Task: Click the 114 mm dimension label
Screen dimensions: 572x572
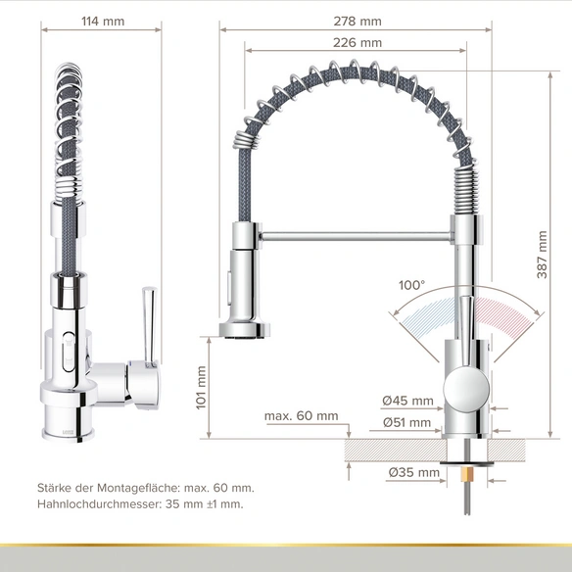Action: coord(103,22)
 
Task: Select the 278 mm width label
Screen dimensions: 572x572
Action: coord(357,22)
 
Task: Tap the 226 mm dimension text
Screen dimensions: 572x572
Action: coord(357,43)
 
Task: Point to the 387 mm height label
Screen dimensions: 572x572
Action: coord(542,255)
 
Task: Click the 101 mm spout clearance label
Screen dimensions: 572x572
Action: coord(201,388)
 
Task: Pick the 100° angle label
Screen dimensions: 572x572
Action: coord(411,285)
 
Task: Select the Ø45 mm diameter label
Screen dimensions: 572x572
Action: coord(407,401)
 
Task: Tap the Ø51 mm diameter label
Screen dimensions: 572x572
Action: coord(406,422)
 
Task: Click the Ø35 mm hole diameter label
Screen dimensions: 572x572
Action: coord(414,472)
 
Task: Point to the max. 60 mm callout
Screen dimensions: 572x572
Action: coord(302,415)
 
